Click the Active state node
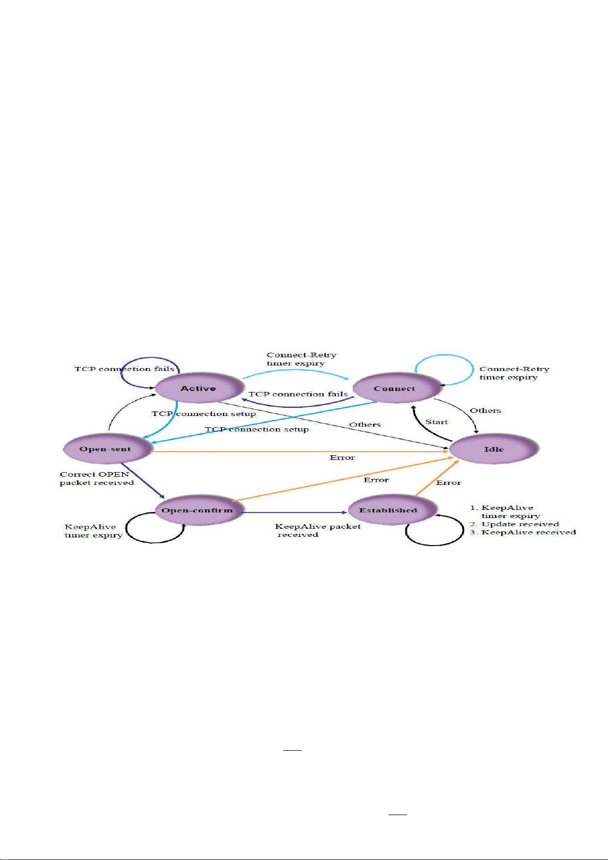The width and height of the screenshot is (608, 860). pos(198,388)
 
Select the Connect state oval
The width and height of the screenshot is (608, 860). pos(395,388)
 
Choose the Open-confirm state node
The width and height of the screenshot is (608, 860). pos(197,510)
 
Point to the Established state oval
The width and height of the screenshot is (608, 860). pos(388,510)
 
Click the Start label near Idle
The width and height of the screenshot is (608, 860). pos(436,422)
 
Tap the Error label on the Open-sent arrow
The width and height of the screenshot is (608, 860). pos(342,457)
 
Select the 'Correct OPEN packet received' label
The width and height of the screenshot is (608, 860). pos(96,478)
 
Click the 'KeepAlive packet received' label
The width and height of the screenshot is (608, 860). pos(318,530)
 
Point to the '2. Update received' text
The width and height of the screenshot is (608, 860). pos(514,524)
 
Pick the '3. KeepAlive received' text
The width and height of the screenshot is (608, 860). pos(523,532)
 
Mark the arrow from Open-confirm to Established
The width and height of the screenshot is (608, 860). pos(294,512)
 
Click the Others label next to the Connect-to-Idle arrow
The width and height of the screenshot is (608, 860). pos(485,410)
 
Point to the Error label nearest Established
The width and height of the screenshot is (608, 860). pos(448,482)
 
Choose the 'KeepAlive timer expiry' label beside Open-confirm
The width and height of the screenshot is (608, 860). pos(93,531)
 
